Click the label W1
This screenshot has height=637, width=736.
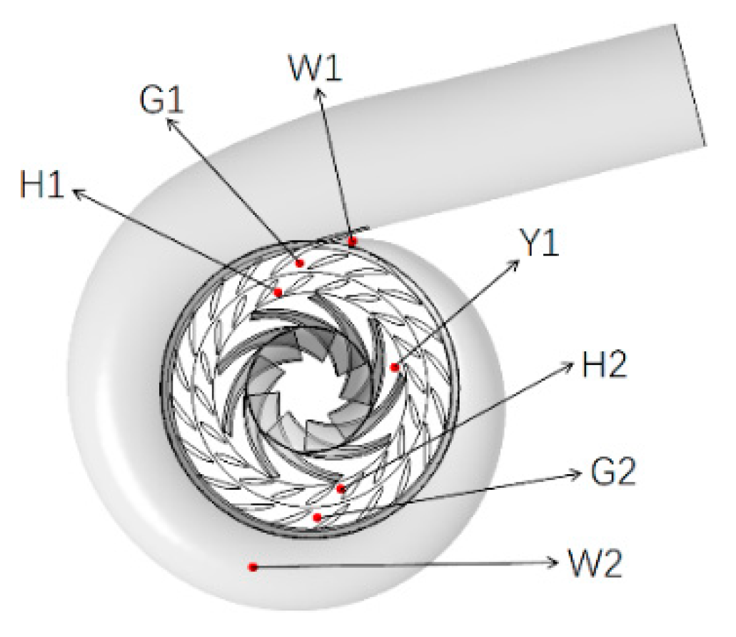[x=316, y=69]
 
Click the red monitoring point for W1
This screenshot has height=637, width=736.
[x=353, y=242]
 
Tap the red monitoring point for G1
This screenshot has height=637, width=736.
[x=300, y=264]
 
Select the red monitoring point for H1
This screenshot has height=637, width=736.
[x=278, y=292]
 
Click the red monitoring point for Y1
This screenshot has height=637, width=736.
[x=394, y=367]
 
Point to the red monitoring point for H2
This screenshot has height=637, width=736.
[x=341, y=488]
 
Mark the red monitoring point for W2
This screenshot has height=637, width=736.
[x=252, y=567]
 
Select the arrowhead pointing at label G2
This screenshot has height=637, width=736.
[x=579, y=473]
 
